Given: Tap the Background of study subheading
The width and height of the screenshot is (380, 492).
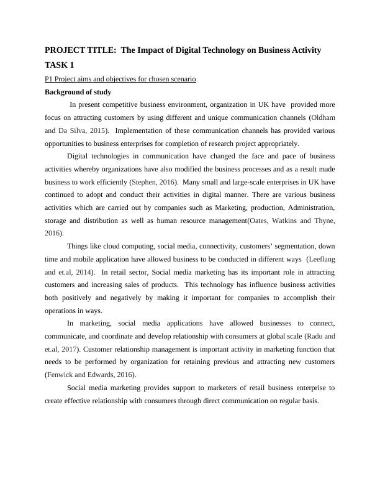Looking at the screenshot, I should [78, 92].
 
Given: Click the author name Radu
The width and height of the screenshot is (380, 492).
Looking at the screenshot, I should [314, 336].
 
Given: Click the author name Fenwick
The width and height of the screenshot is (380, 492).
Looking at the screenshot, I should [61, 375].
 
